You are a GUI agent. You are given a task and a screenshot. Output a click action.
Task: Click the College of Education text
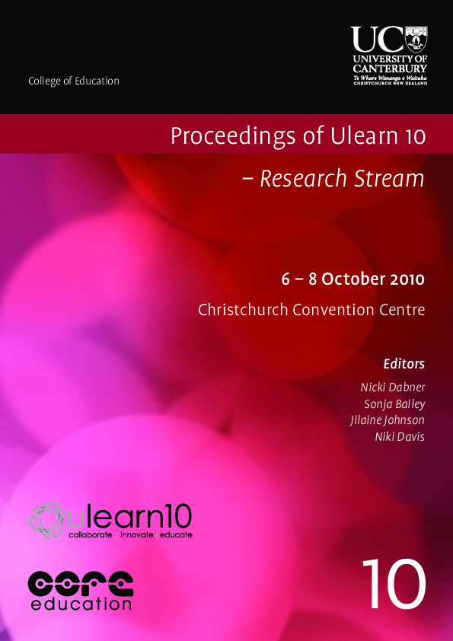tap(73, 81)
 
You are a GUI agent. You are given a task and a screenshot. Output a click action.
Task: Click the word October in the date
tap(353, 279)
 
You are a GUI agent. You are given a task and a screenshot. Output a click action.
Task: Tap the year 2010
tap(407, 279)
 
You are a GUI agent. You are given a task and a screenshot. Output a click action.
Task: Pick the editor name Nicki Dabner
tap(393, 387)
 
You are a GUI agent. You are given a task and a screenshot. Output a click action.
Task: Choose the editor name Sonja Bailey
tap(394, 403)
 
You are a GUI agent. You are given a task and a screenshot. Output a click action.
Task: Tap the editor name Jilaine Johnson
tap(387, 419)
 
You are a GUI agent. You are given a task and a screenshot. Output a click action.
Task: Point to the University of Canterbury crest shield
tap(415, 38)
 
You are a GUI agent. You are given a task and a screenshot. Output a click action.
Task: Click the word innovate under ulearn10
tap(135, 535)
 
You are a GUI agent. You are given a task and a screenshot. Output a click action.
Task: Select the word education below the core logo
tap(81, 604)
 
